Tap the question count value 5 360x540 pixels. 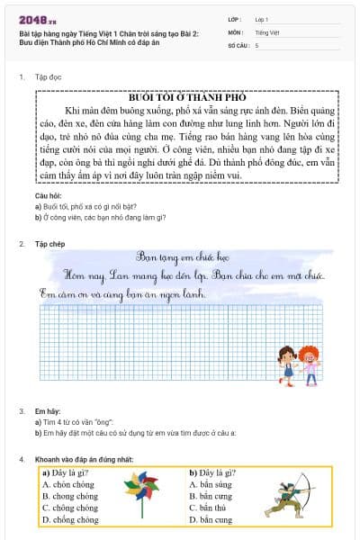pyautogui.click(x=257, y=44)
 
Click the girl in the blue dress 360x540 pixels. pyautogui.click(x=288, y=365)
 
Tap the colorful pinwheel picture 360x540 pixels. pyautogui.click(x=141, y=496)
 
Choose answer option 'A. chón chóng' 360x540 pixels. pyautogui.click(x=68, y=484)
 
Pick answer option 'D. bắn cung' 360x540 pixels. pyautogui.click(x=211, y=519)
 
